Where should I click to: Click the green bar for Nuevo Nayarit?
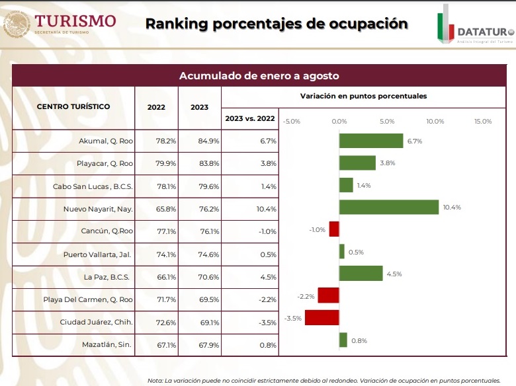click(x=389, y=207)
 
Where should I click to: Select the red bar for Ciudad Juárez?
click(x=322, y=317)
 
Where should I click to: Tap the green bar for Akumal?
click(x=371, y=141)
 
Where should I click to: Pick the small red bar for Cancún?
click(x=334, y=229)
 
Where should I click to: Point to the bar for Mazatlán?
click(x=343, y=340)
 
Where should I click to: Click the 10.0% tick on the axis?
click(x=435, y=121)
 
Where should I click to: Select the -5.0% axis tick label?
click(x=292, y=121)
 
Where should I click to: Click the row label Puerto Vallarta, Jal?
click(x=98, y=254)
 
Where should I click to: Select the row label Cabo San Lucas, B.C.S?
click(x=93, y=186)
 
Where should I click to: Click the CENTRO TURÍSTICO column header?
click(x=73, y=106)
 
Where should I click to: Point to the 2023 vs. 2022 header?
click(x=249, y=118)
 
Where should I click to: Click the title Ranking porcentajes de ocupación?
click(x=277, y=24)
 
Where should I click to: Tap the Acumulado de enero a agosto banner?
click(x=259, y=75)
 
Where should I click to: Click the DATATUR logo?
click(x=474, y=26)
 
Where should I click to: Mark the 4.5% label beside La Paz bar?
click(x=394, y=274)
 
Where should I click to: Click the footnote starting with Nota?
click(x=323, y=380)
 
